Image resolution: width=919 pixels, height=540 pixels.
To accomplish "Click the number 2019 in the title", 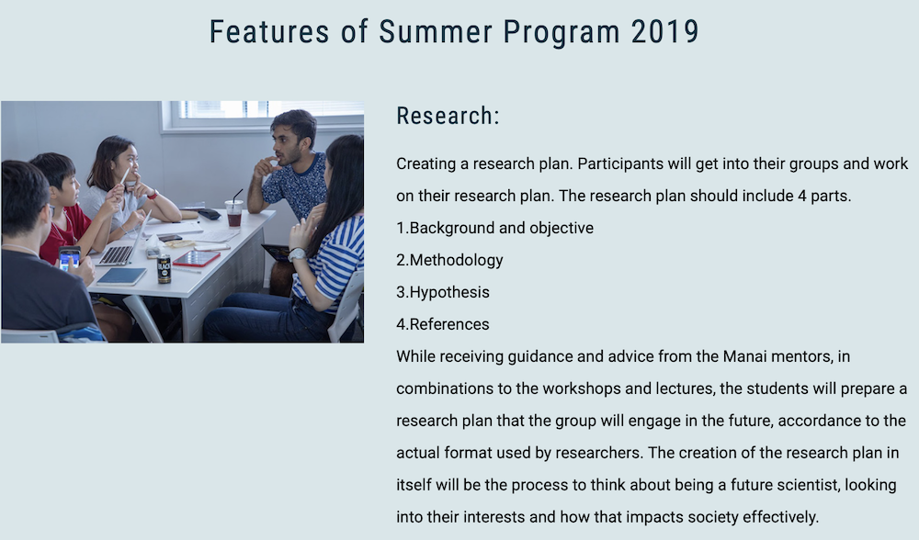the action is click(x=664, y=31).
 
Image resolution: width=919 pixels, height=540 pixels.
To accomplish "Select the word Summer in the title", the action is click(x=436, y=31).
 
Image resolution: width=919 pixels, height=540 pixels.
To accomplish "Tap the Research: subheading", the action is click(x=448, y=116).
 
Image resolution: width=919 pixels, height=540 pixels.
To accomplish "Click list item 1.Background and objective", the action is click(x=494, y=228).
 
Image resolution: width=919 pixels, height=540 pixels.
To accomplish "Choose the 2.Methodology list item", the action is click(x=449, y=260).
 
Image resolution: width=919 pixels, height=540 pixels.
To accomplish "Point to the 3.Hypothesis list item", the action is click(x=443, y=292).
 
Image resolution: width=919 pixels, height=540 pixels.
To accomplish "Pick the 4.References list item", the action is click(x=443, y=324).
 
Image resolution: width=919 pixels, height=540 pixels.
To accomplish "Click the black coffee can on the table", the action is click(x=165, y=269).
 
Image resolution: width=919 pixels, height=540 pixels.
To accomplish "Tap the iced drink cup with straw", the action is click(x=233, y=212).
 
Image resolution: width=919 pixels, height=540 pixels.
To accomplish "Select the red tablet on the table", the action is click(x=197, y=258).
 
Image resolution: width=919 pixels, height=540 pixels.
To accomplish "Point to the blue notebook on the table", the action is click(x=121, y=276).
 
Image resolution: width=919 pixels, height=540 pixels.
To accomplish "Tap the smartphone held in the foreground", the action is click(x=69, y=258).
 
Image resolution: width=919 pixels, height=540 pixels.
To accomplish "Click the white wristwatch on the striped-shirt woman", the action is click(x=297, y=254).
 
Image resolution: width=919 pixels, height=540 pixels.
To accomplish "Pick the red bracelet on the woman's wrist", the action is click(x=153, y=194).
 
